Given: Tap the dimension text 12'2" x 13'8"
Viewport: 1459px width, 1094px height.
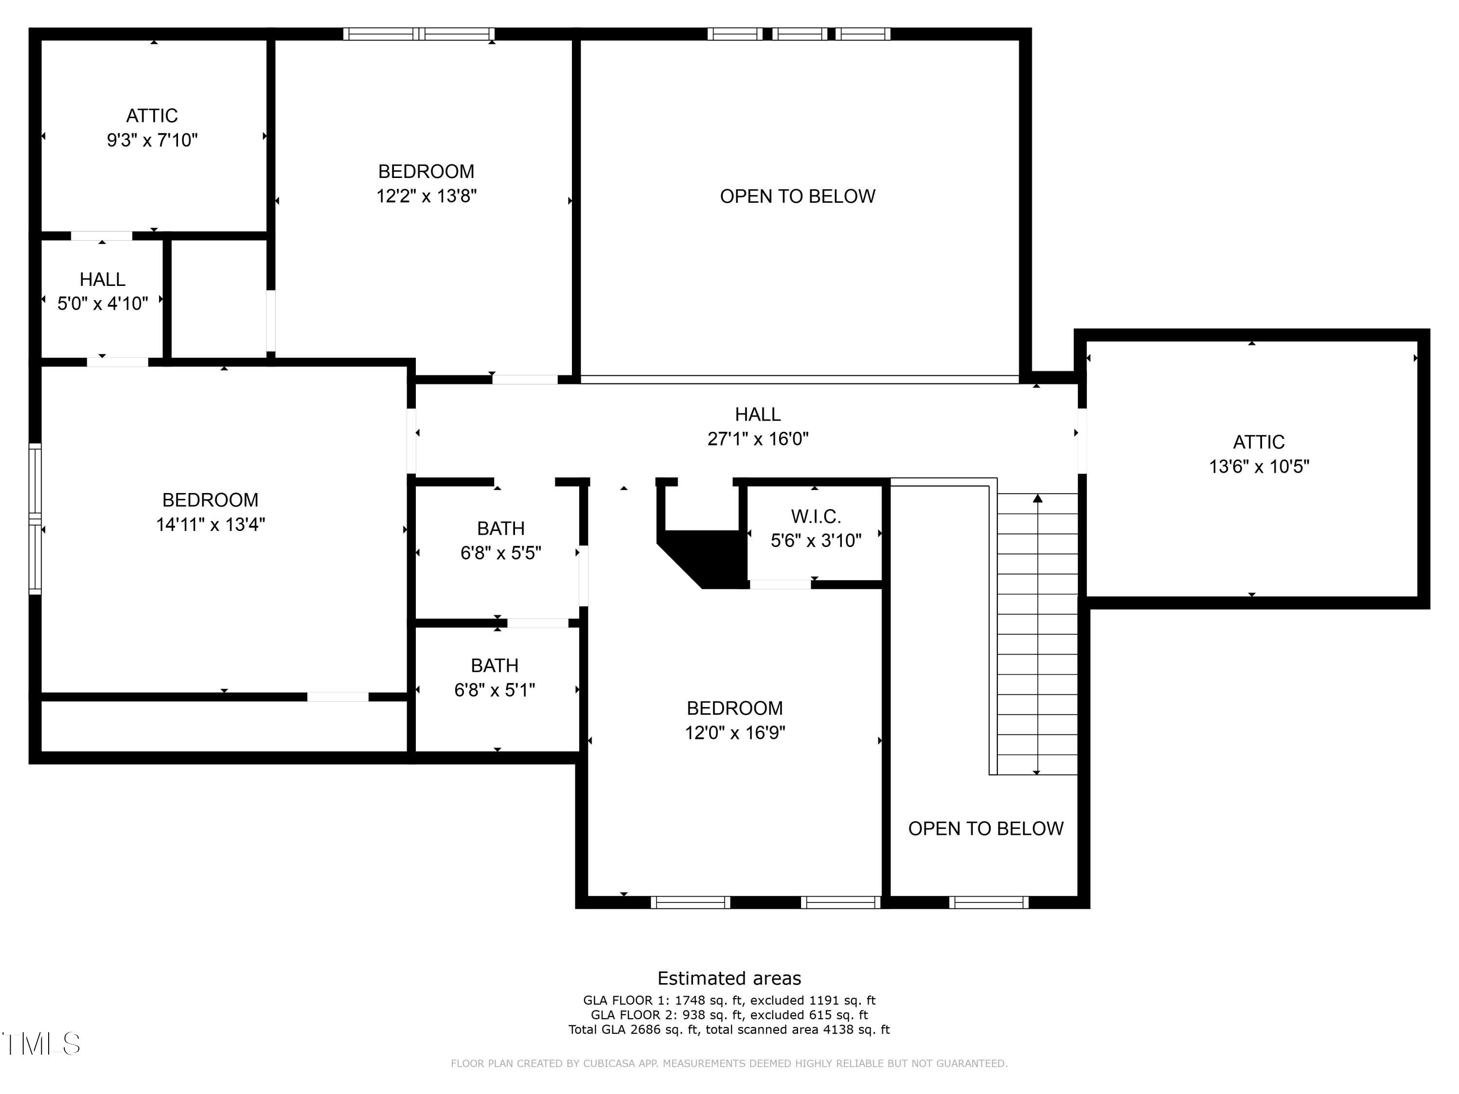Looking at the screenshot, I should (426, 196).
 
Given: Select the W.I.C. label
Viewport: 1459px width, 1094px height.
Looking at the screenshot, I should (816, 516).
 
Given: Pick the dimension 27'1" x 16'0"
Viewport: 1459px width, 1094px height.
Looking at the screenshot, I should (758, 439).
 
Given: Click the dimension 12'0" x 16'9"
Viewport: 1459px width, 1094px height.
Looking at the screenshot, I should (735, 733).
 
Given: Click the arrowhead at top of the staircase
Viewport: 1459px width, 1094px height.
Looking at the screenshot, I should (1037, 498).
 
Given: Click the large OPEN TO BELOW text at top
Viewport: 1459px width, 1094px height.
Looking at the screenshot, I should (798, 196).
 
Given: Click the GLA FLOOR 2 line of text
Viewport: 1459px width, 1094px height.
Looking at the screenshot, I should (729, 1015).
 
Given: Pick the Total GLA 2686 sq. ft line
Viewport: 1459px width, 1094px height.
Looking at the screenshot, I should (729, 1029).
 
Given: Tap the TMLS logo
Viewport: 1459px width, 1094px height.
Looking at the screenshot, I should (41, 1044).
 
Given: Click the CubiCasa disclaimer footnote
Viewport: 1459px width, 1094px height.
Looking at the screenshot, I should (729, 1063).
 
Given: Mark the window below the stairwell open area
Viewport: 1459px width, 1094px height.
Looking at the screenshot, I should (989, 902).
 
